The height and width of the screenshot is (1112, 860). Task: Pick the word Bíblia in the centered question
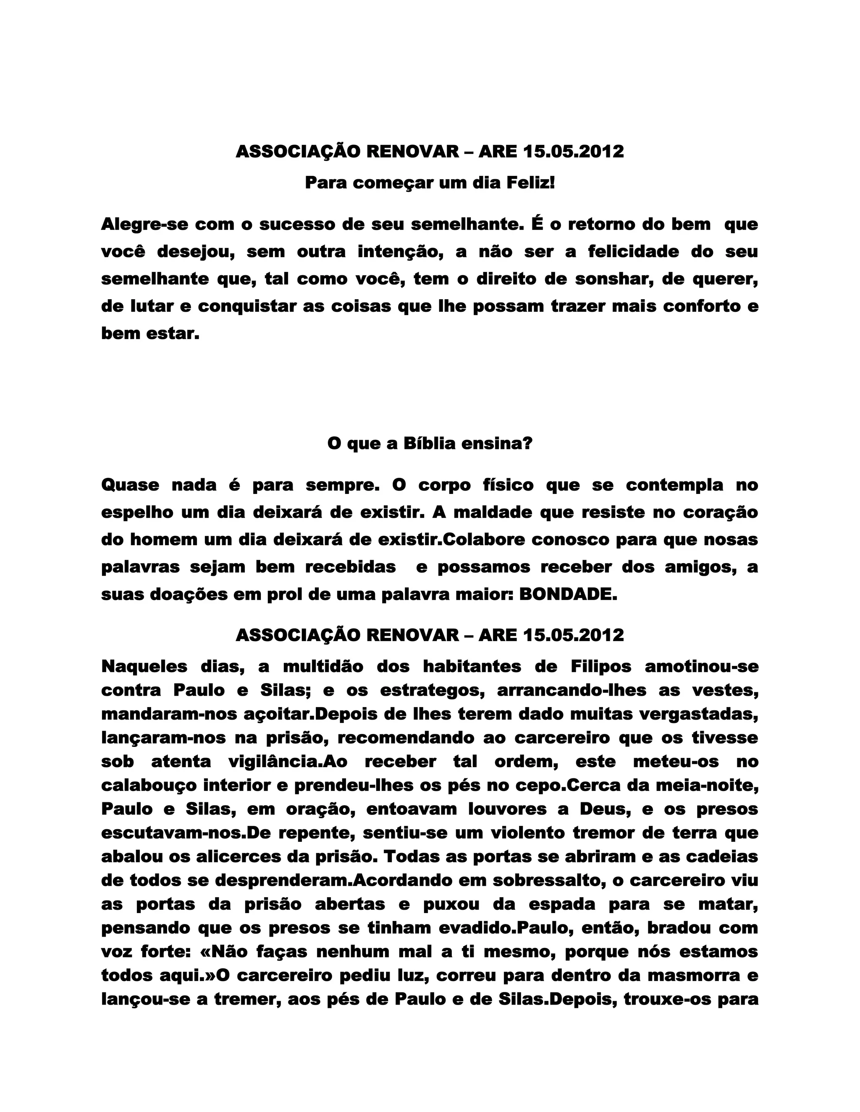tap(430, 444)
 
